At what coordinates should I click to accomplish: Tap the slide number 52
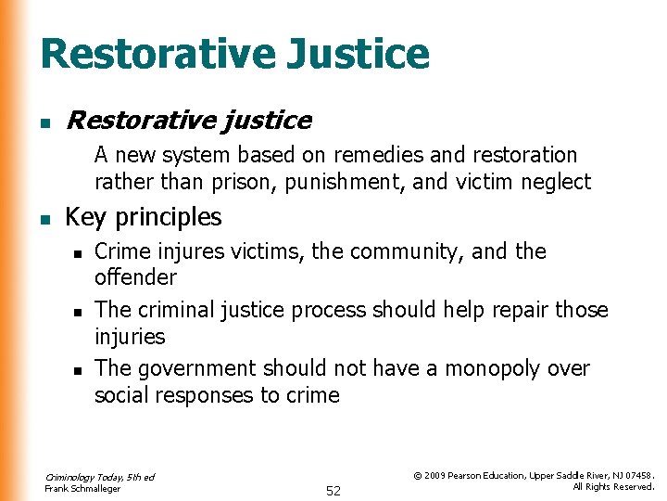333,492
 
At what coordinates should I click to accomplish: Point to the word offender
135,277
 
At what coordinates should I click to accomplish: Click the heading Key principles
144,217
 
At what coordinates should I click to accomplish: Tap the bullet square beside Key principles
44,219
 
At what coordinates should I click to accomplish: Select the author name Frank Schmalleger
82,489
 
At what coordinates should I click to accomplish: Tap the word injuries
130,336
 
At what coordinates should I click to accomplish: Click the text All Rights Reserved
613,487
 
